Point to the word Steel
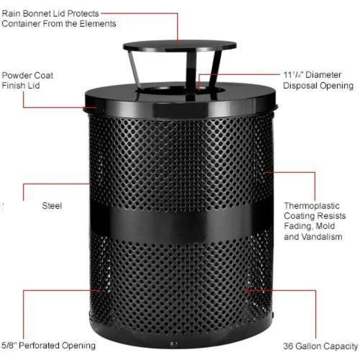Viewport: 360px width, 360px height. (52, 206)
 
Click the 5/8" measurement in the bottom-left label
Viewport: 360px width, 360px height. (10, 345)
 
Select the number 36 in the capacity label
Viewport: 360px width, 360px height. (289, 346)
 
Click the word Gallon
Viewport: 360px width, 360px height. (309, 346)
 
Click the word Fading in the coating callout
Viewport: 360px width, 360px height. (297, 227)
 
